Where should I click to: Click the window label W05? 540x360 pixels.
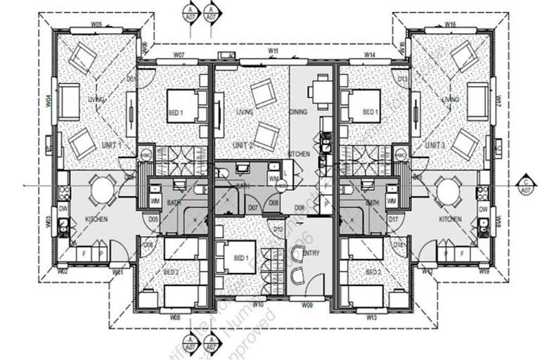click(97, 24)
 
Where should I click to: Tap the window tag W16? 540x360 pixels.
click(451, 24)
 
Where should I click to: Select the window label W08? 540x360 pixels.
click(175, 318)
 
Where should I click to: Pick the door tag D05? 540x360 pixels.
click(153, 219)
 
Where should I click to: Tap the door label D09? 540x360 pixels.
click(299, 208)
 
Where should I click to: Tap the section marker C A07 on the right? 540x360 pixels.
click(525, 185)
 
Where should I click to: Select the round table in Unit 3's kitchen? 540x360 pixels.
click(446, 189)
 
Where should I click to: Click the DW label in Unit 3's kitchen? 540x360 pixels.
click(484, 210)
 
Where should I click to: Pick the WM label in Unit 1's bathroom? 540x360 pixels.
click(156, 202)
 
